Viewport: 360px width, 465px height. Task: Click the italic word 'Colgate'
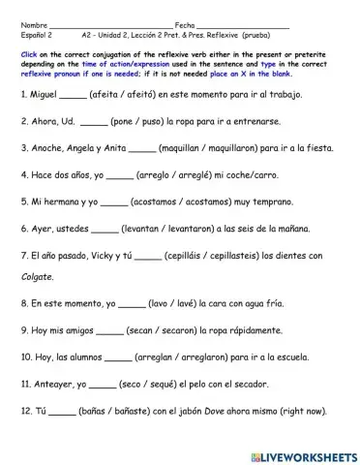click(38, 276)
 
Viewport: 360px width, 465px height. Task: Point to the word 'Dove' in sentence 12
click(220, 411)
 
